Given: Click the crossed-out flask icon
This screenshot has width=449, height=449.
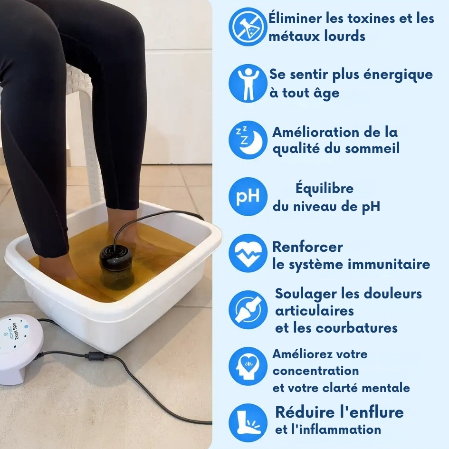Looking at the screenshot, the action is click(x=248, y=27).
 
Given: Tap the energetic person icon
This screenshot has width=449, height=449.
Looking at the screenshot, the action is click(x=248, y=83).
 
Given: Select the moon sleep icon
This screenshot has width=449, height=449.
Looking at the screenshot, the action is click(x=248, y=140).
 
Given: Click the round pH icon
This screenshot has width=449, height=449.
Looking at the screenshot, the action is click(x=248, y=196).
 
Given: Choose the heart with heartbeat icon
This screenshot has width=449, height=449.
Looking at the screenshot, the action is click(x=248, y=253).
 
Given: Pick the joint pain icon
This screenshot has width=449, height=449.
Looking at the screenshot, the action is click(x=248, y=310).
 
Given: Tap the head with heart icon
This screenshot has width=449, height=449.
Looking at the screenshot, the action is click(x=248, y=366).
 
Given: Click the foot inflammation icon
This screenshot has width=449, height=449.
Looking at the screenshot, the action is click(x=248, y=423).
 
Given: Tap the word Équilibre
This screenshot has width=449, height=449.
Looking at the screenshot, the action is click(x=325, y=189).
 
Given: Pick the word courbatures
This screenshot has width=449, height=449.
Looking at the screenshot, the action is click(x=356, y=328).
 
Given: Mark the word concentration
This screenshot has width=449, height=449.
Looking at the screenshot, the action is click(x=315, y=371).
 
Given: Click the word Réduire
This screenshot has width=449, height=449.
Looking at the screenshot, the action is click(x=305, y=412).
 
